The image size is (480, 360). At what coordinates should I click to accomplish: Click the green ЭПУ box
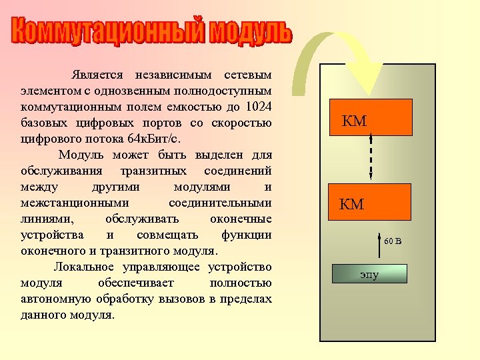point(369,273)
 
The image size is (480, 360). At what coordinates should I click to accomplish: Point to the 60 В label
point(393,241)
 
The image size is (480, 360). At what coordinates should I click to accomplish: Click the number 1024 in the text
point(258,107)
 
